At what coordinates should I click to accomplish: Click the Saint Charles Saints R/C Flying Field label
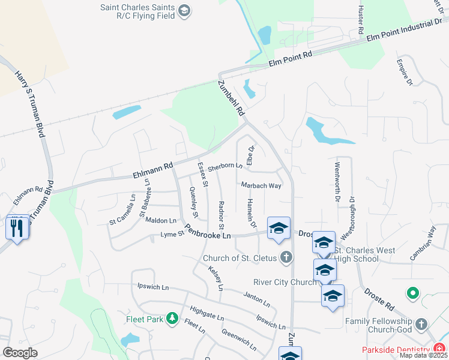[139, 11]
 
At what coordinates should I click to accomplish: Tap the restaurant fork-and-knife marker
[17, 228]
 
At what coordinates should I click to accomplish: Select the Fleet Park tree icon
[172, 317]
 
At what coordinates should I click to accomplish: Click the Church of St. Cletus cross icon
[286, 258]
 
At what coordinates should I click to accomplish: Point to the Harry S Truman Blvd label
[31, 104]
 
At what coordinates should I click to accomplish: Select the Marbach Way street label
[261, 186]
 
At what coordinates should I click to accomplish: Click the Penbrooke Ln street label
[208, 232]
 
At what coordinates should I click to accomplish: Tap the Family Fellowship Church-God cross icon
[421, 324]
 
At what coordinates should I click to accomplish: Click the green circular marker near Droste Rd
[412, 293]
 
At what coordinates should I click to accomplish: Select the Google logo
[20, 352]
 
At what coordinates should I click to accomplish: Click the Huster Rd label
[361, 20]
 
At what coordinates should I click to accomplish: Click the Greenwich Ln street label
[239, 339]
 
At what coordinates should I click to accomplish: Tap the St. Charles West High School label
[357, 254]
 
